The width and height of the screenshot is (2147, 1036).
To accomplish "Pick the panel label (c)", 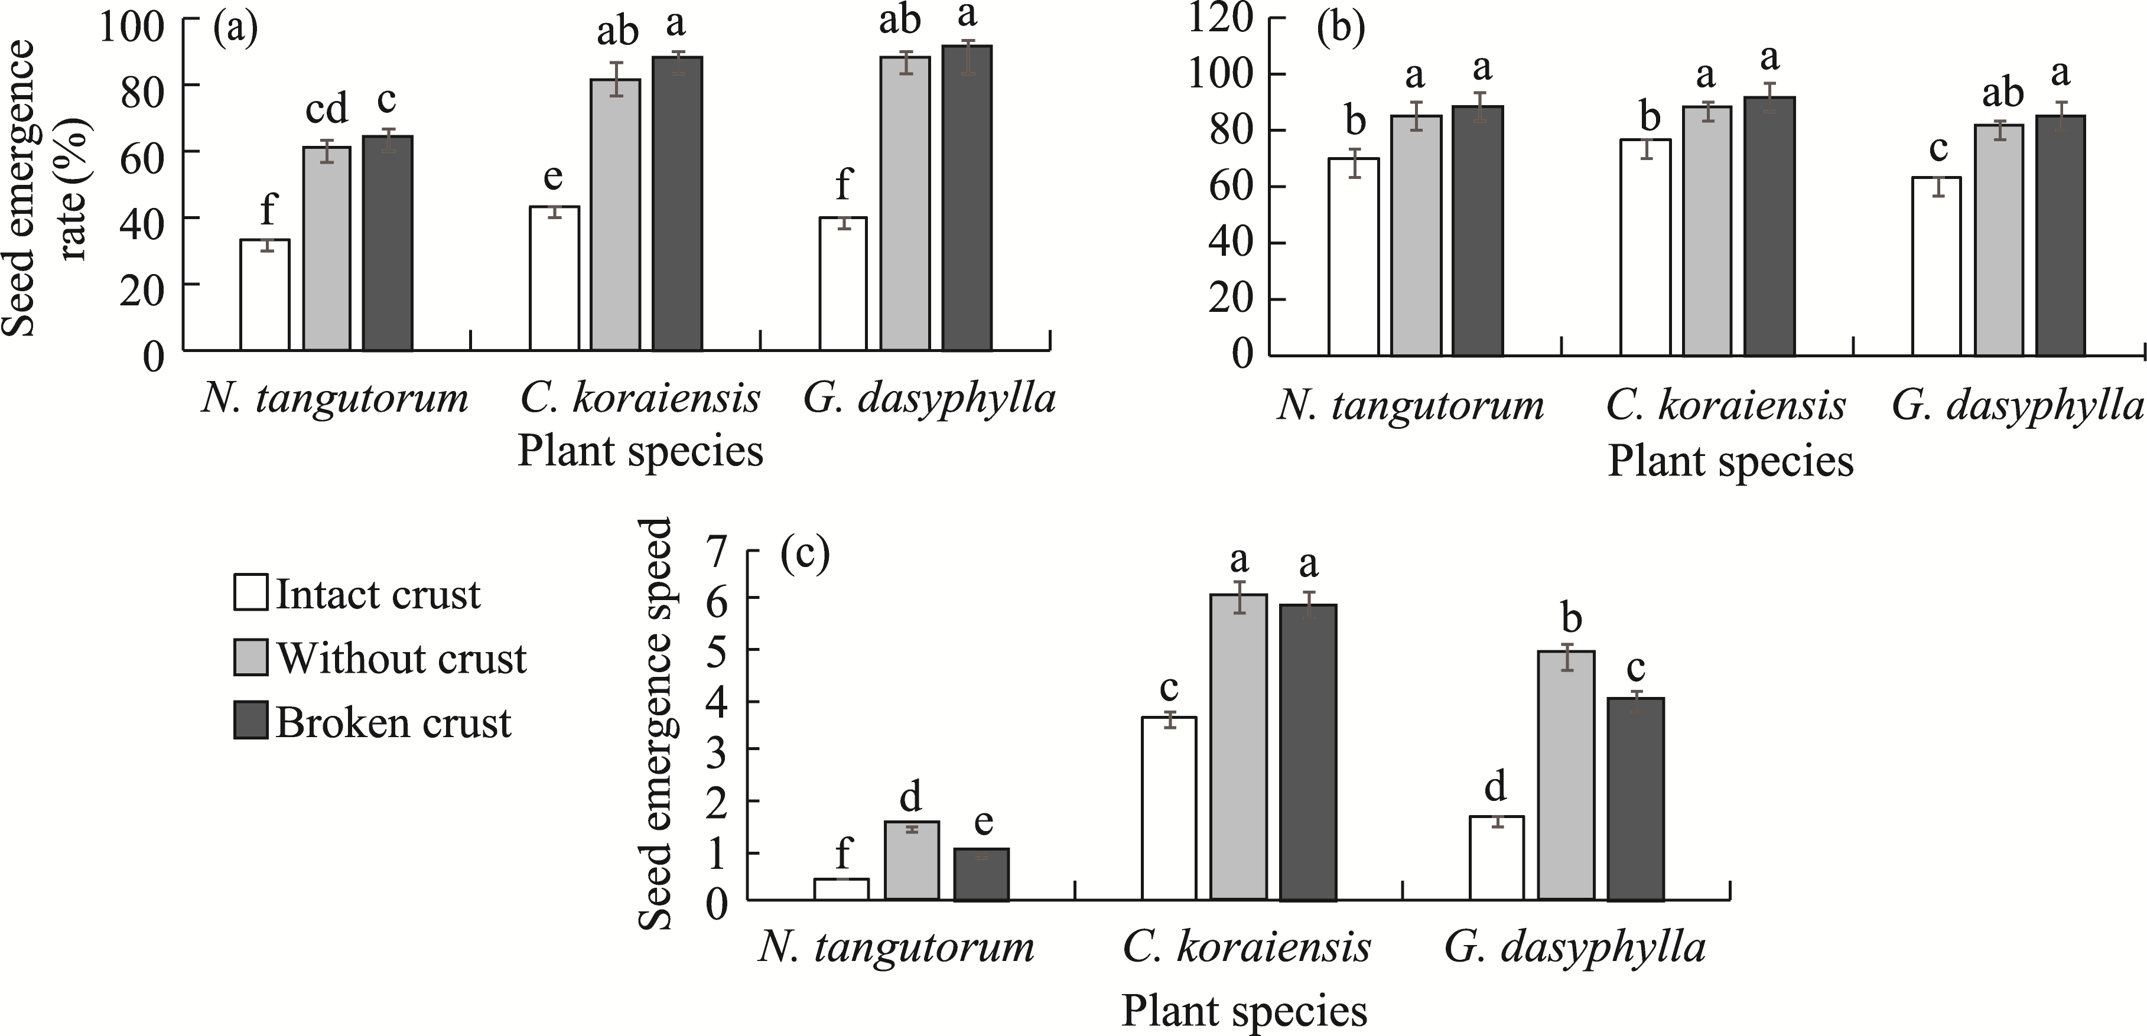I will tap(805, 554).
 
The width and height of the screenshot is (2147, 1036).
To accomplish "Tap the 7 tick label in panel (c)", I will tap(716, 552).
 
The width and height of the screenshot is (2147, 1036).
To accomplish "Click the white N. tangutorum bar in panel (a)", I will tap(265, 295).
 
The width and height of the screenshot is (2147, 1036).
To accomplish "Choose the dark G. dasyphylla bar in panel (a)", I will tap(967, 198).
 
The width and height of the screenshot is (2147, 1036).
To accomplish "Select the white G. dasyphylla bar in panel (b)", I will tap(1936, 267).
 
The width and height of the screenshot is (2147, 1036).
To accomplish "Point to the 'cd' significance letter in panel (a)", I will tap(326, 109).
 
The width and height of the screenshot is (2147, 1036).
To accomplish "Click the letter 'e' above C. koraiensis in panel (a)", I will tap(554, 177).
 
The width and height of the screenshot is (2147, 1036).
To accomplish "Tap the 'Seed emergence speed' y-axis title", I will tap(656, 724).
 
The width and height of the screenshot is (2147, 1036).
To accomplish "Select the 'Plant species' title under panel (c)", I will tap(1244, 1011).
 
